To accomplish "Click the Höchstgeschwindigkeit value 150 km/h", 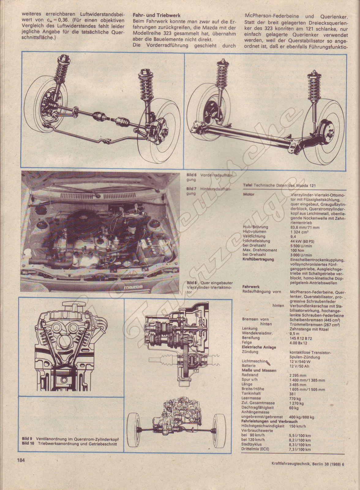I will click(298, 426).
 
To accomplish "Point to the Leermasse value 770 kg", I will click(295, 398).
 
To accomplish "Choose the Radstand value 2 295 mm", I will click(298, 375).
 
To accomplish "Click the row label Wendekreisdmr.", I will click(257, 333).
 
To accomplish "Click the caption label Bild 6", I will click(192, 175).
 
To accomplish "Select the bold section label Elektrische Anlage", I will click(259, 347).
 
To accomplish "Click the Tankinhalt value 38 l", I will click(292, 394).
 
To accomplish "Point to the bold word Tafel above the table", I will click(248, 185).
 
